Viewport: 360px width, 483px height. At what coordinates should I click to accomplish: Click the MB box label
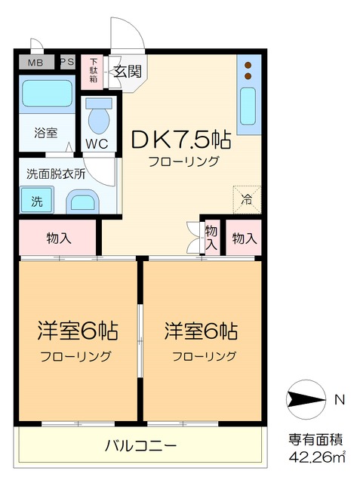coord(35,63)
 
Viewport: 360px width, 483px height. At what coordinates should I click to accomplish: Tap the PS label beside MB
coord(66,63)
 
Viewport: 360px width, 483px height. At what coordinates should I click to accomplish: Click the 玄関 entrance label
coord(128,72)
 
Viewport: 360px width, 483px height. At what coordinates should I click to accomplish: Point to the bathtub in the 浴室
coord(45,94)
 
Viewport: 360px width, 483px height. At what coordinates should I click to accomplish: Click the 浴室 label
coord(45,133)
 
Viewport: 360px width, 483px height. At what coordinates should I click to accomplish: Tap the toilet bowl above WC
coord(98,116)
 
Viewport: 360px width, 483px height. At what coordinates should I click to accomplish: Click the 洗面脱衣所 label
coord(57,173)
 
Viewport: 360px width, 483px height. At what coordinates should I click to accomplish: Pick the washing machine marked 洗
coord(36,202)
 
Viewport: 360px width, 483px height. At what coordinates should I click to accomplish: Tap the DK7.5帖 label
coord(181,140)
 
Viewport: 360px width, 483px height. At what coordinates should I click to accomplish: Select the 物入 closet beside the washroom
coord(59,239)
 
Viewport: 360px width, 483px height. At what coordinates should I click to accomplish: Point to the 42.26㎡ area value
coord(315,457)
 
